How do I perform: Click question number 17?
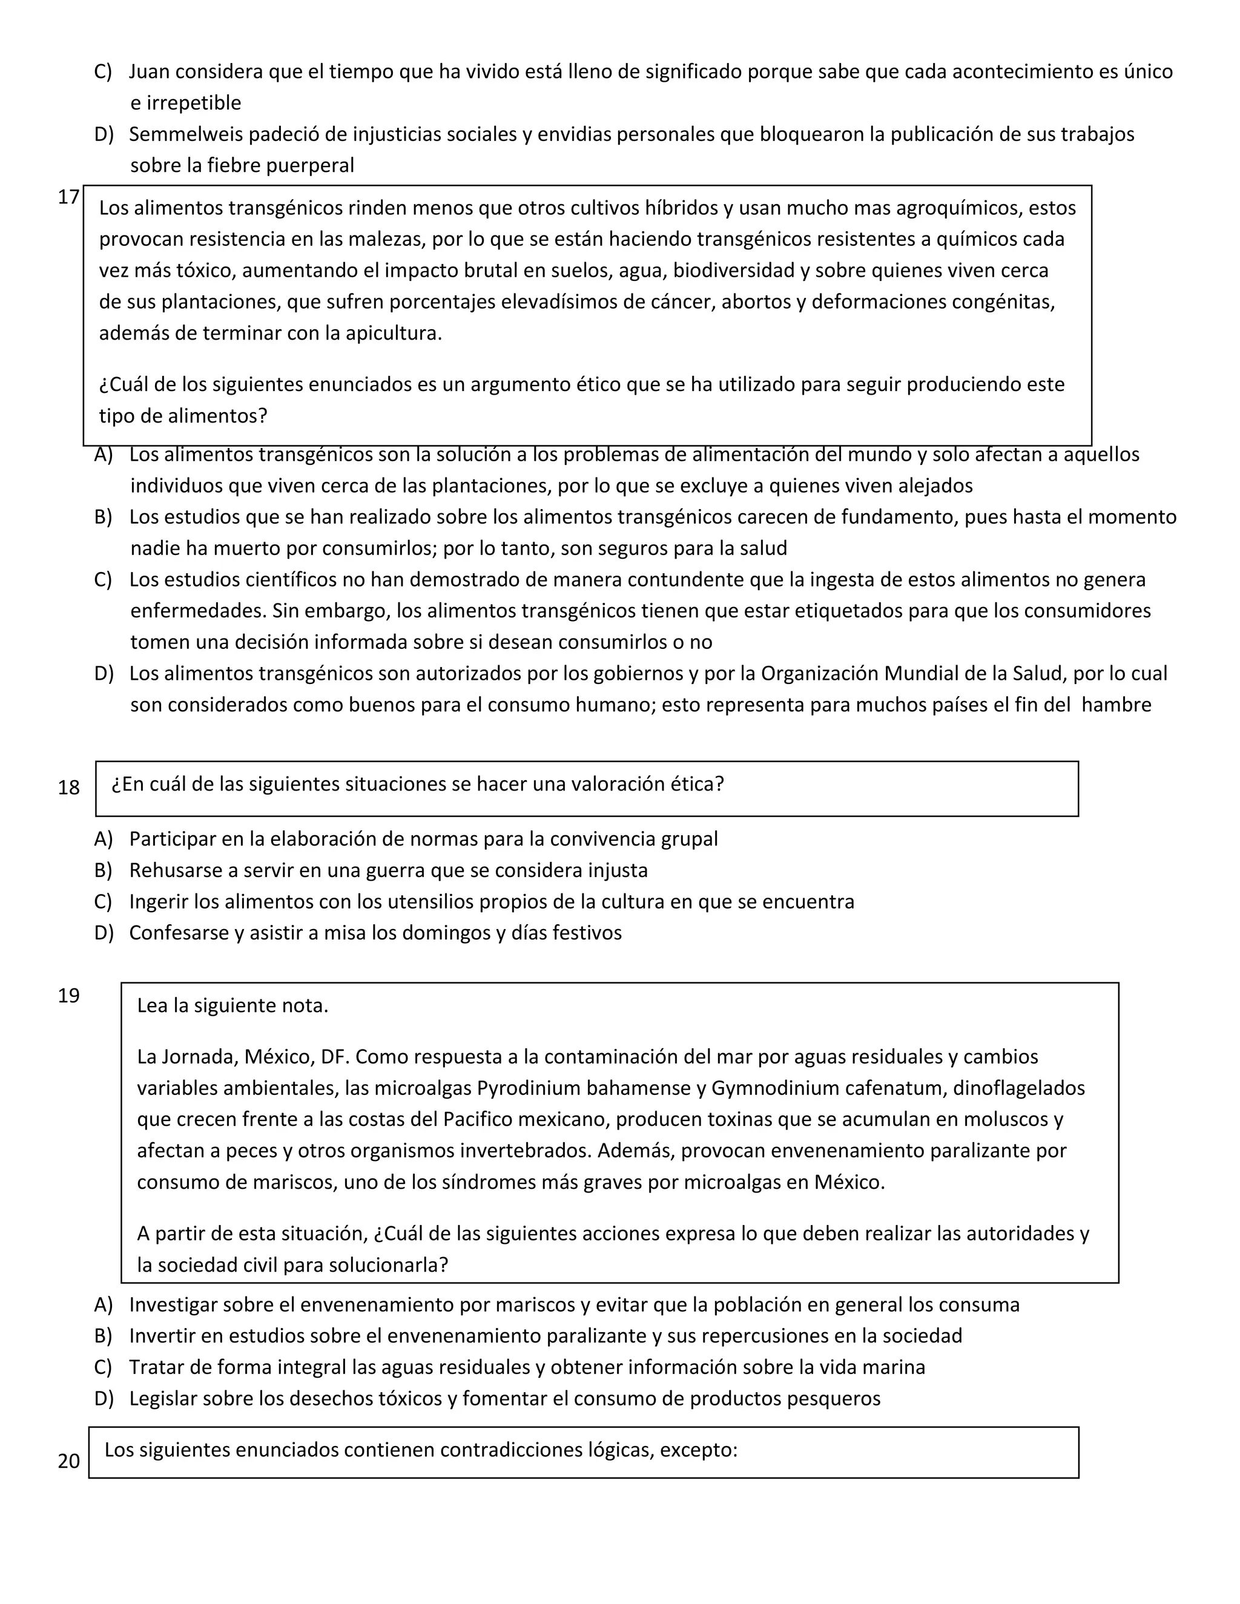(x=68, y=197)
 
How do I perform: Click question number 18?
(x=68, y=788)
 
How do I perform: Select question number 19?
(x=68, y=996)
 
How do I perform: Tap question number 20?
(x=68, y=1462)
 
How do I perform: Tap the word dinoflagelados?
(x=1019, y=1088)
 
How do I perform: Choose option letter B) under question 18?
(x=103, y=870)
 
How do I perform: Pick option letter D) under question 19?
(x=104, y=1398)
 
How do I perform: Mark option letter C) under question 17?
(x=103, y=579)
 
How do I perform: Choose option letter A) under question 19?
(x=103, y=1305)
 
